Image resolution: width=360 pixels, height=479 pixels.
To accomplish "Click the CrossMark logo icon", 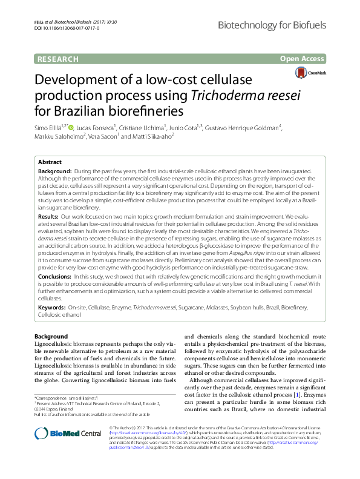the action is point(318,73).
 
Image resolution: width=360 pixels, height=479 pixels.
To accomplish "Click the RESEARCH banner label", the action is point(58,59).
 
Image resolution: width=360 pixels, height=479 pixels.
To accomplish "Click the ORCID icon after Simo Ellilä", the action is point(71,128).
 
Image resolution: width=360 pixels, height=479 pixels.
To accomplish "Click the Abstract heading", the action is point(50,163).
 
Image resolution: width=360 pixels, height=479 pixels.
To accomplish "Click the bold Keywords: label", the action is point(52,308).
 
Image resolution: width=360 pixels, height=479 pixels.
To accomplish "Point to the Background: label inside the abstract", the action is point(55,173).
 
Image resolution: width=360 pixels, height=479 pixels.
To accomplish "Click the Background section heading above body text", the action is point(51,337).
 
